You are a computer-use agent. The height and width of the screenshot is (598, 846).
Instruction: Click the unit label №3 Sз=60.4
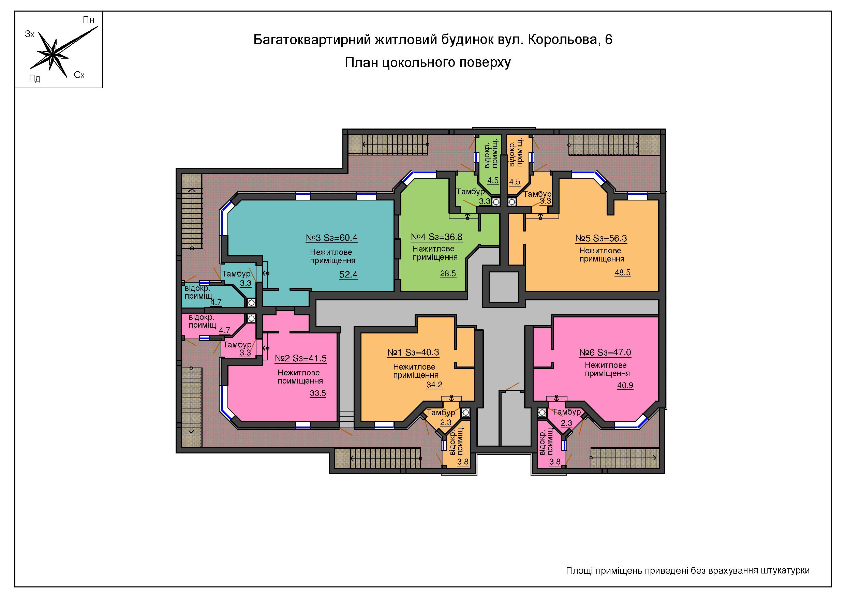click(332, 238)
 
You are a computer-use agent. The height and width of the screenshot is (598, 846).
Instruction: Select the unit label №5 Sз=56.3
click(601, 238)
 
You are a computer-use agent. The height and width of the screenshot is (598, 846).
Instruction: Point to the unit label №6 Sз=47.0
click(605, 352)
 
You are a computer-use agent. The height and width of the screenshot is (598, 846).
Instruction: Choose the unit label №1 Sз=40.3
click(413, 352)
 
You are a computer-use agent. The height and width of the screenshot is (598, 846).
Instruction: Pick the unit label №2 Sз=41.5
click(301, 358)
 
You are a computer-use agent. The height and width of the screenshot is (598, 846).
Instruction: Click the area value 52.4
click(348, 274)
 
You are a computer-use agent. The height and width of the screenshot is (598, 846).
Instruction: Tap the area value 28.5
click(448, 273)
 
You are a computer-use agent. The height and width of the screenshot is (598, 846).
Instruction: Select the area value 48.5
click(622, 273)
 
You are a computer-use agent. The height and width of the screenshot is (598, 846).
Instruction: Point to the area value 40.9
click(625, 385)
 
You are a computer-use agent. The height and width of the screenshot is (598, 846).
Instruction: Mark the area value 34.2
click(434, 385)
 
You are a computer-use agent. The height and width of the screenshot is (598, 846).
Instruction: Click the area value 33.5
click(317, 393)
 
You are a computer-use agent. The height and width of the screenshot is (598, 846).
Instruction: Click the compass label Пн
click(88, 20)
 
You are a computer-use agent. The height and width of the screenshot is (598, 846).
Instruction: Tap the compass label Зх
click(30, 34)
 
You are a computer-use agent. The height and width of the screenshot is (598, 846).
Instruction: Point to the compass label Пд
click(35, 78)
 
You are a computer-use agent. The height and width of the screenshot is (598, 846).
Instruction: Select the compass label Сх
click(79, 75)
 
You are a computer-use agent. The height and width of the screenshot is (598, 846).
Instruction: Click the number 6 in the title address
click(608, 40)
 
